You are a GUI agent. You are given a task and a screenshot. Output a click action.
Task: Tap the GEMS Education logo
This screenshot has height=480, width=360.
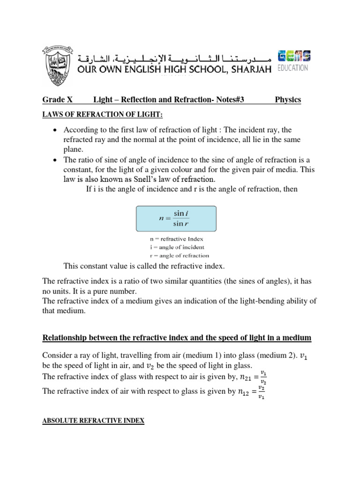[293, 60]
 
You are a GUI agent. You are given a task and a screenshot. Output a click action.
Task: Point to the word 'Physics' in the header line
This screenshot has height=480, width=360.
[288, 100]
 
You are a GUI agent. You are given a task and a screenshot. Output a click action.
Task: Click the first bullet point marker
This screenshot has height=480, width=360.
[56, 130]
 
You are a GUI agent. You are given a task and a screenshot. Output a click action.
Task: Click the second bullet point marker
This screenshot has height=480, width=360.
[56, 160]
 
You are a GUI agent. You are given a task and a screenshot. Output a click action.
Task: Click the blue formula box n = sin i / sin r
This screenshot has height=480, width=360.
[176, 218]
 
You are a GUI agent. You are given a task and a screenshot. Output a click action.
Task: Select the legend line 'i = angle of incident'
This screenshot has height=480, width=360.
[177, 247]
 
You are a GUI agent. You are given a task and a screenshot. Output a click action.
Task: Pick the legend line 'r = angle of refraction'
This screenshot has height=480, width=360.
[179, 255]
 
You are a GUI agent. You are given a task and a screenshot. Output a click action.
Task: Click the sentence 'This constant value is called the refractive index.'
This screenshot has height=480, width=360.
[144, 266]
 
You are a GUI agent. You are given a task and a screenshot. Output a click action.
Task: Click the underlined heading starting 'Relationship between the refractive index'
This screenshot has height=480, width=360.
[176, 338]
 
